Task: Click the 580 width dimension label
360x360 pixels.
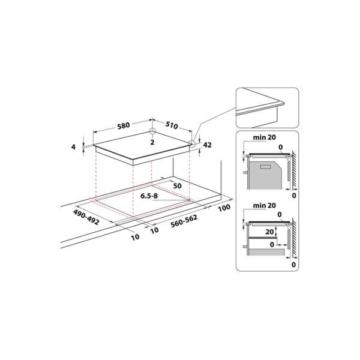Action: (124, 126)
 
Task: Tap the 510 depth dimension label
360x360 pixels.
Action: (172, 125)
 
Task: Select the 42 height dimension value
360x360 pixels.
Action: (208, 145)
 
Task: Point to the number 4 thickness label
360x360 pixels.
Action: (73, 147)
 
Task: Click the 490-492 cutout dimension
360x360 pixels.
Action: (86, 217)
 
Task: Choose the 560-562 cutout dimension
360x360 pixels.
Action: (184, 221)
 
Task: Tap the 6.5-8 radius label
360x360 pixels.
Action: (149, 196)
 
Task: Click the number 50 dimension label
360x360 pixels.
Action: (177, 186)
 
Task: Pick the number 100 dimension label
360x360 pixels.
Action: (224, 208)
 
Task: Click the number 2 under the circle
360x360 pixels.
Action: (152, 142)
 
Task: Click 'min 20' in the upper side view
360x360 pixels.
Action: (264, 137)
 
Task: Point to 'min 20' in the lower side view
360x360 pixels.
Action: (264, 205)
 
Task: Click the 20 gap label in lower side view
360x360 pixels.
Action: (270, 232)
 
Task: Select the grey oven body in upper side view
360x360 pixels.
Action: (265, 176)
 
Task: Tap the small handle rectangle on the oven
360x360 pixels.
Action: (266, 167)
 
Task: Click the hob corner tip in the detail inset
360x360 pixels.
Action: (284, 103)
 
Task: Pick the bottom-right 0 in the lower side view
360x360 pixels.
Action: (293, 265)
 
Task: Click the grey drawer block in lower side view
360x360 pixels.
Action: (266, 253)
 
